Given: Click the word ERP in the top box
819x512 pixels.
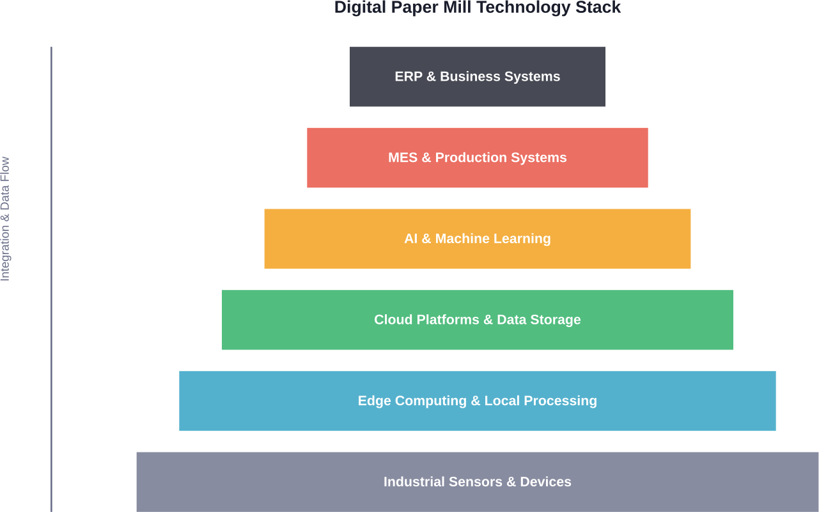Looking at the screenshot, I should pyautogui.click(x=408, y=77).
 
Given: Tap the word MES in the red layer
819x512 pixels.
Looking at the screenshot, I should pyautogui.click(x=403, y=157).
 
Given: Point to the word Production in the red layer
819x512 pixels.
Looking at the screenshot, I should pyautogui.click(x=467, y=157).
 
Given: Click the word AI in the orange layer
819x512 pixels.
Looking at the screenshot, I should pyautogui.click(x=410, y=239).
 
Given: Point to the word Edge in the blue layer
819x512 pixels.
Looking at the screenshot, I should pyautogui.click(x=374, y=401).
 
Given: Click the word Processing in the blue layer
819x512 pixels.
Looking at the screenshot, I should pyautogui.click(x=560, y=401).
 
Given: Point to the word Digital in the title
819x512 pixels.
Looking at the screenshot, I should pyautogui.click(x=359, y=8).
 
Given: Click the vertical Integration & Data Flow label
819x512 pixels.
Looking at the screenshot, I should pyautogui.click(x=5, y=219).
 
